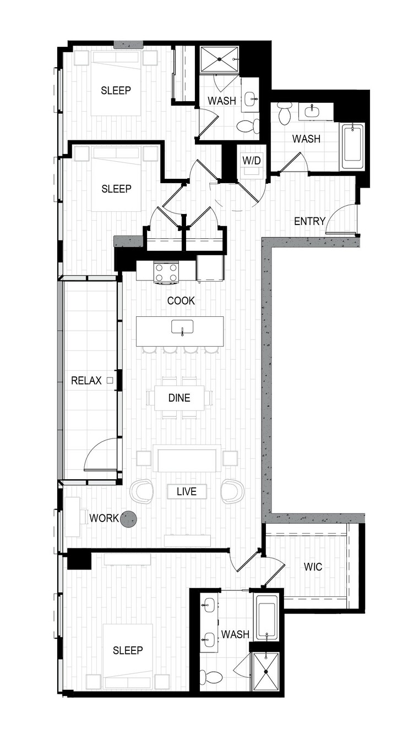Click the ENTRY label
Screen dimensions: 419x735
pos(309,221)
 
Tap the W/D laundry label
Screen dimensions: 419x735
pos(252,161)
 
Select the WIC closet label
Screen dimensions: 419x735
pos(313,567)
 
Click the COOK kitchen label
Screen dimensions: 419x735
pos(181,300)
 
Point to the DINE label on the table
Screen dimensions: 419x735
pos(179,398)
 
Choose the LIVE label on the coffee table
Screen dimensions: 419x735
pos(187,491)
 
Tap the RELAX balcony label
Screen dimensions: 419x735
pos(86,381)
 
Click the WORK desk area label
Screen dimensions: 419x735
pos(104,518)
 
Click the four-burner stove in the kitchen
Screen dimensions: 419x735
pos(166,272)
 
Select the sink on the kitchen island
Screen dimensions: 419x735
pos(182,327)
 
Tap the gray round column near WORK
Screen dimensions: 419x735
pos(128,519)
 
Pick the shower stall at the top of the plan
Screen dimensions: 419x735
pos(219,59)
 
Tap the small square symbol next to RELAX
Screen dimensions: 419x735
pos(110,381)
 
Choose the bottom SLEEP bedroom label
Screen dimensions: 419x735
pos(128,650)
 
